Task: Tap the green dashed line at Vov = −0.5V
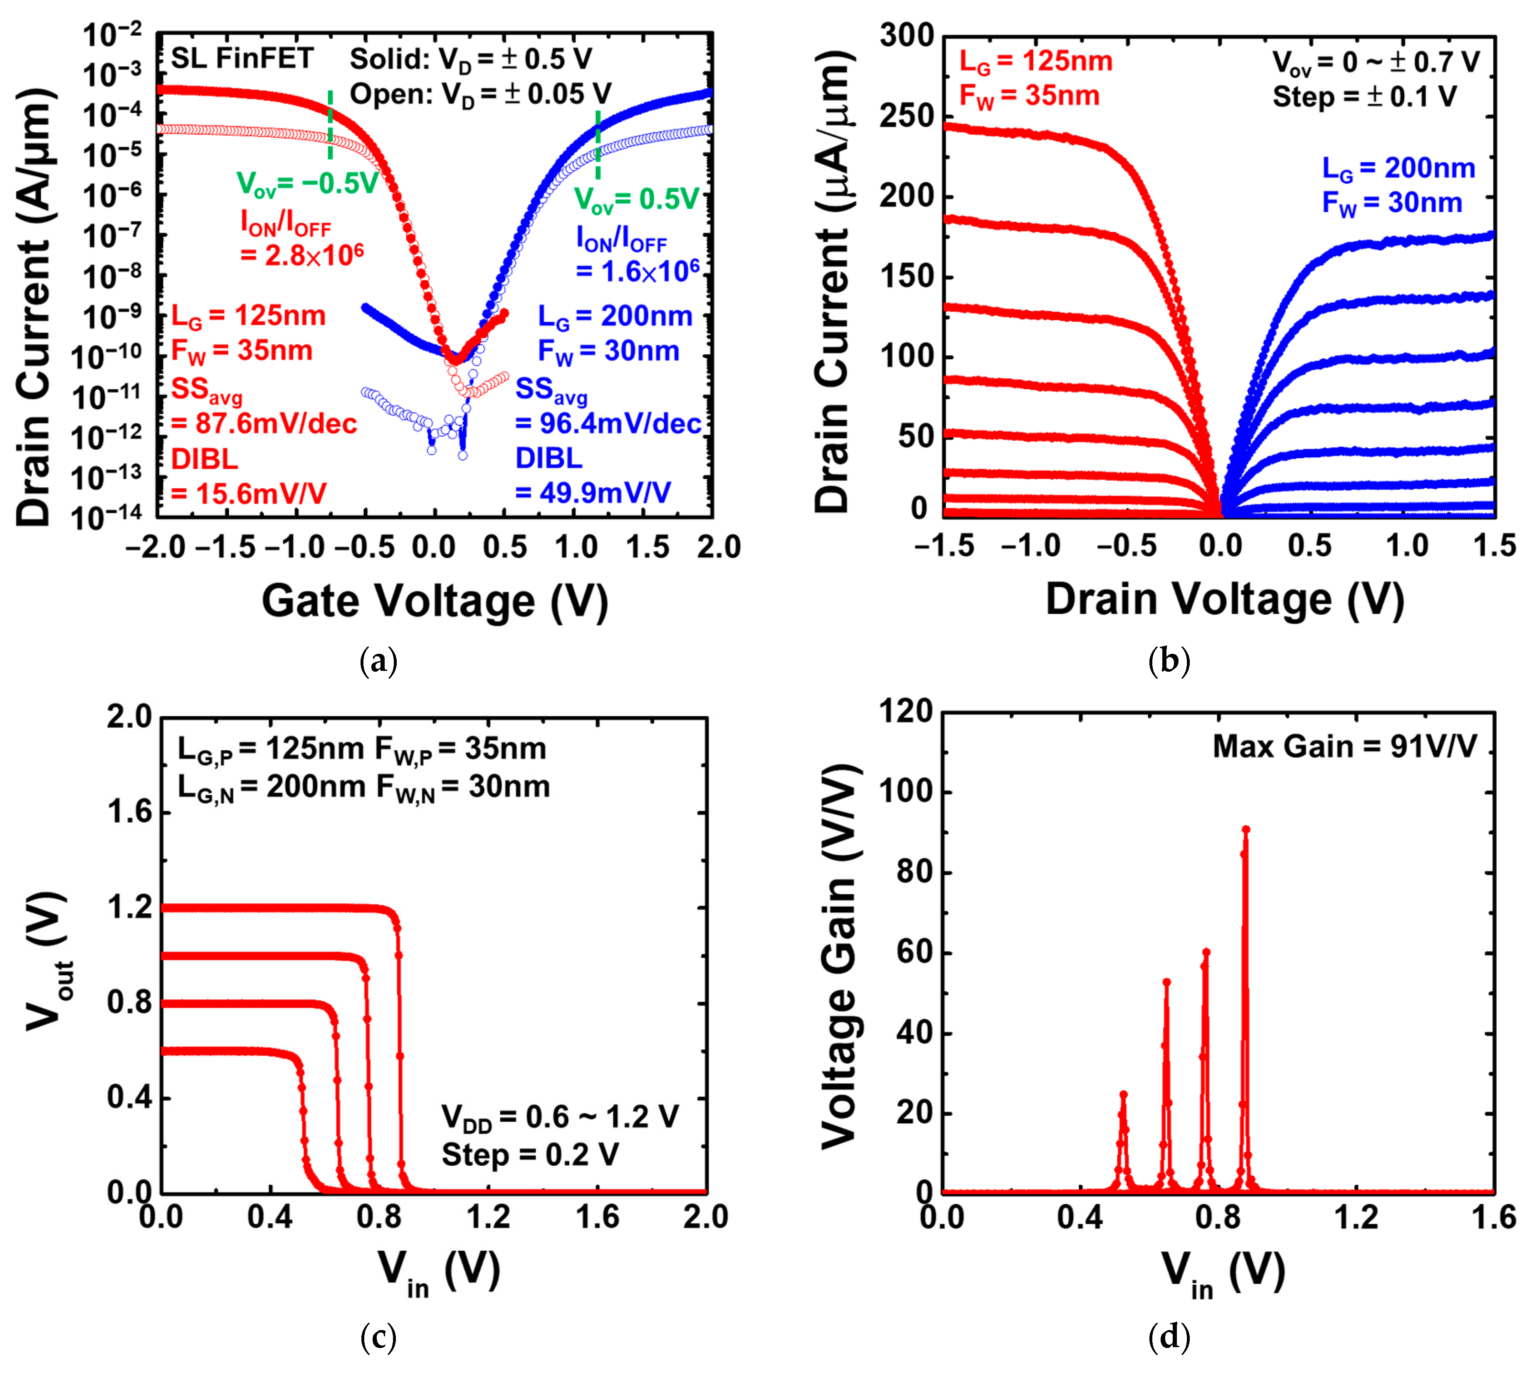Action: point(330,125)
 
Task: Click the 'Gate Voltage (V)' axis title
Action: point(435,602)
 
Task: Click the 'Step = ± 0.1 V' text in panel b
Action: point(1364,97)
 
